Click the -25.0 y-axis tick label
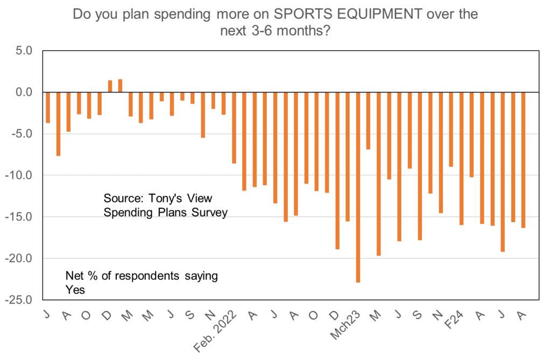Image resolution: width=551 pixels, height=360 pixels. pyautogui.click(x=19, y=300)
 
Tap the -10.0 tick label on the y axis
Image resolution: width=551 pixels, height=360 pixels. pyautogui.click(x=19, y=175)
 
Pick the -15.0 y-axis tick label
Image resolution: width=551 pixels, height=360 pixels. pyautogui.click(x=19, y=217)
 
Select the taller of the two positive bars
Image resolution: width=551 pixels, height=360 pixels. pyautogui.click(x=120, y=86)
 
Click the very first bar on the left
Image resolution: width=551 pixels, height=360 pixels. pyautogui.click(x=48, y=108)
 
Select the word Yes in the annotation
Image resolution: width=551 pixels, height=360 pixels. pyautogui.click(x=75, y=290)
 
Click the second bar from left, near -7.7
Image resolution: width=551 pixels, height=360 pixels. pyautogui.click(x=58, y=124)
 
